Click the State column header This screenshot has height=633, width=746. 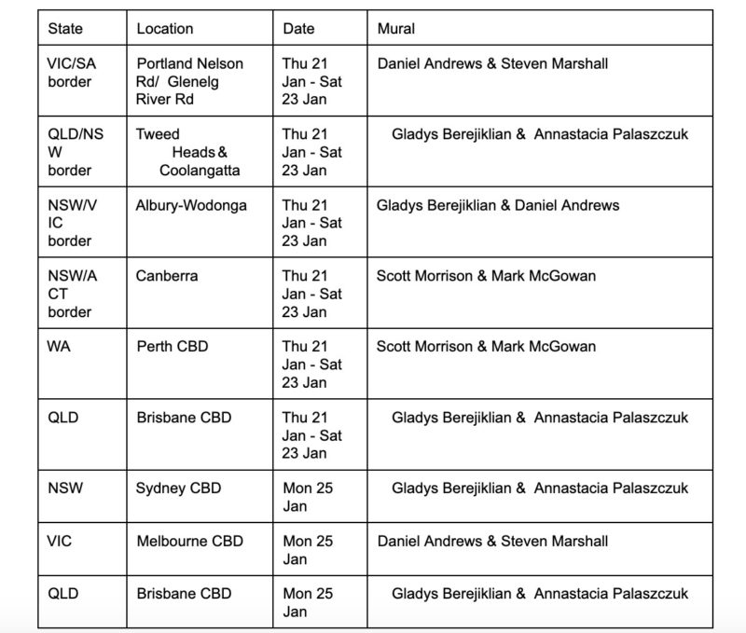click(65, 28)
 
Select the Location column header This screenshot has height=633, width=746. click(165, 28)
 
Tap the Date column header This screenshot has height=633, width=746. click(299, 28)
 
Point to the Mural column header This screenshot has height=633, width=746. click(396, 28)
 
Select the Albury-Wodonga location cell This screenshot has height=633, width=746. click(191, 205)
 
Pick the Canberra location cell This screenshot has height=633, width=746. click(167, 276)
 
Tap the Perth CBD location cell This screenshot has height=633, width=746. click(173, 347)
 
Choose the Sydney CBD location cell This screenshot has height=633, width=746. click(179, 488)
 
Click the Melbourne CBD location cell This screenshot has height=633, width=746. click(189, 541)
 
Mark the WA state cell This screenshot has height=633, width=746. click(59, 347)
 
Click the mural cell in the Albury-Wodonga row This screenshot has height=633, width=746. click(498, 205)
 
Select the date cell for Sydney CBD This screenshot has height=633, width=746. click(308, 497)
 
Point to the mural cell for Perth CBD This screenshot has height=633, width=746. click(486, 347)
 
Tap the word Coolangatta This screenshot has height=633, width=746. click(200, 171)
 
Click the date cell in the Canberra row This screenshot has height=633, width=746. click(311, 294)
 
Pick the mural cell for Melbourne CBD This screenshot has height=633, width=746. click(492, 541)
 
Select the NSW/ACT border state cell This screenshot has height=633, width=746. click(71, 294)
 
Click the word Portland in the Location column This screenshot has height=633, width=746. click(164, 63)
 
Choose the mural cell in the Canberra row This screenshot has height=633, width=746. click(486, 276)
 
